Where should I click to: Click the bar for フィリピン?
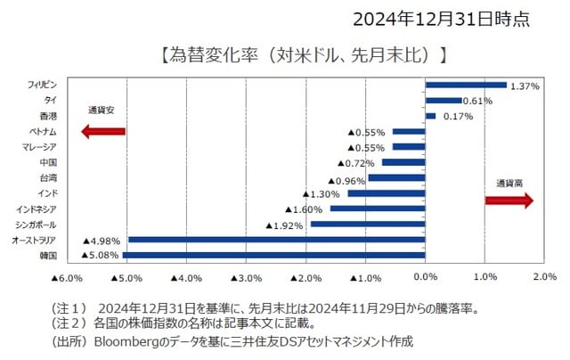coord(466,86)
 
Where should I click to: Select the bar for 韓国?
coord(273,255)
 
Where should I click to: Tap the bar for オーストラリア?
coord(276,240)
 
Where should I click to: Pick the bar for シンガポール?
coord(367,224)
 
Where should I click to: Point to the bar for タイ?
coord(444,101)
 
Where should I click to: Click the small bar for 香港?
coord(430,116)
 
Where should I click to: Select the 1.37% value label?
coord(525,86)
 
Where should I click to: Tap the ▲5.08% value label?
coord(100,255)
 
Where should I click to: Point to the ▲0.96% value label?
coord(345,178)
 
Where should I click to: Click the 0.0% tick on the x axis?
coord(426,277)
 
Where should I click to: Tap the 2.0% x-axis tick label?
coord(544,277)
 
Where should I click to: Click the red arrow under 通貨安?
coord(102,132)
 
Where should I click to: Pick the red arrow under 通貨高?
coord(509,200)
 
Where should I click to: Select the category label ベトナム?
coord(43,132)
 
